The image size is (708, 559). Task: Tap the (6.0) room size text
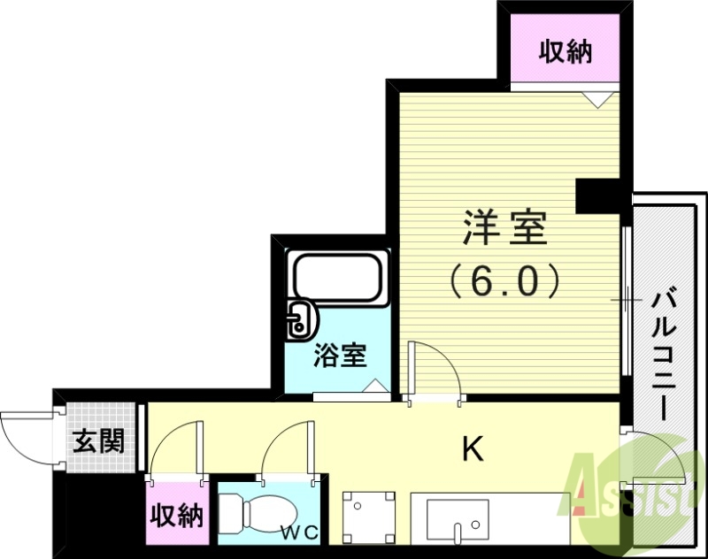pos(504,281)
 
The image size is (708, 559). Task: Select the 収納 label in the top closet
pos(566,53)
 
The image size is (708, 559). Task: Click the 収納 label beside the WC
pos(176,516)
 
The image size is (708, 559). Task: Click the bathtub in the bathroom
pos(337,279)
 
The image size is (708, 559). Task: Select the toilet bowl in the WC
pos(262,513)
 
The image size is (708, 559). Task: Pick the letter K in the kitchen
pos(473,450)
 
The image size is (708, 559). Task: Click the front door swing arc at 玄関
pos(27,433)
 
